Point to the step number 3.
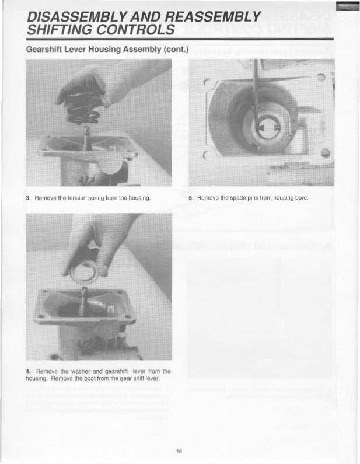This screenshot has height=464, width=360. [x=28, y=198]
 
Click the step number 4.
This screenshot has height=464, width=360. [x=28, y=371]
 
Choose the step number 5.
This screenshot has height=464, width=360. [x=191, y=198]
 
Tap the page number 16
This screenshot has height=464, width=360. [x=179, y=451]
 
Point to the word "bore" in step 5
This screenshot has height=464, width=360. [x=302, y=198]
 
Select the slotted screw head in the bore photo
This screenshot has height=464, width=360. [x=326, y=153]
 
